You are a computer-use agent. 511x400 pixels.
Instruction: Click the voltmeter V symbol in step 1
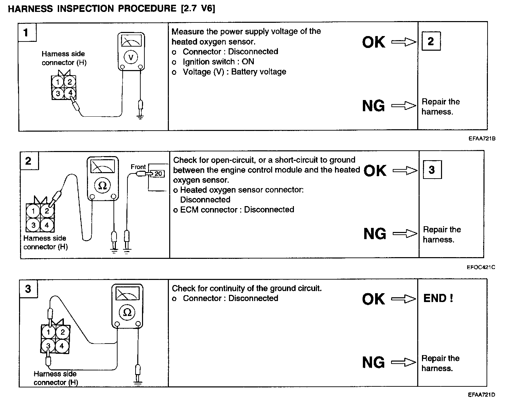[x=131, y=57]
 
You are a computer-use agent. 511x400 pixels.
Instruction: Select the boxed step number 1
[x=26, y=32]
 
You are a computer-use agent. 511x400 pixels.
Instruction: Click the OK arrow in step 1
[x=404, y=42]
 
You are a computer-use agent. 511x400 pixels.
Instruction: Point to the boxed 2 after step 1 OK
[x=431, y=41]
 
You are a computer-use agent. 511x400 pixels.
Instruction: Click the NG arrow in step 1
[x=404, y=106]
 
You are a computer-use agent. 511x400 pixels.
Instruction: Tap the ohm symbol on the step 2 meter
[x=102, y=185]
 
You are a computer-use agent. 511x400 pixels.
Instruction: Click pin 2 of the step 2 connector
[x=47, y=211]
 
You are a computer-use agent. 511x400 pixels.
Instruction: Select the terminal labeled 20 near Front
[x=158, y=174]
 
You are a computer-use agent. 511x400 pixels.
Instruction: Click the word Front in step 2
[x=138, y=167]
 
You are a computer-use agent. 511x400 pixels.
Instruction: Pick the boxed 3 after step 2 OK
[x=432, y=170]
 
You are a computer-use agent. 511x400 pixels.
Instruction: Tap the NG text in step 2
[x=374, y=234]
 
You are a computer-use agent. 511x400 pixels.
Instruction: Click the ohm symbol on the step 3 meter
[x=127, y=312]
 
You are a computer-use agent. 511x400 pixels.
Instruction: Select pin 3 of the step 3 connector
[x=48, y=346]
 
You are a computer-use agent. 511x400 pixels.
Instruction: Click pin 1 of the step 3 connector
[x=49, y=332]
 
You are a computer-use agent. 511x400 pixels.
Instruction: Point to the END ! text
[x=438, y=298]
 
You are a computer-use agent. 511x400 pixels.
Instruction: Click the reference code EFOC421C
[x=481, y=267]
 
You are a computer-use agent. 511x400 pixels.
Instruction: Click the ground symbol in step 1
[x=140, y=117]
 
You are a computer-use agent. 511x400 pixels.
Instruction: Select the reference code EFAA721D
[x=481, y=395]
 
